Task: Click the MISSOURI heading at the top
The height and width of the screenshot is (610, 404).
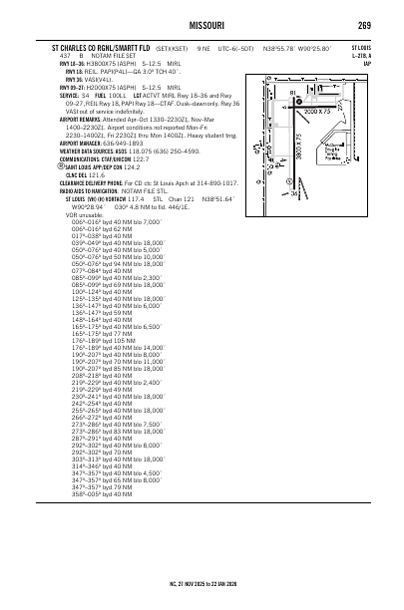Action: tap(202, 25)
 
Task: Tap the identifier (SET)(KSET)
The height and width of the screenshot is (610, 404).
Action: tap(179, 46)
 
